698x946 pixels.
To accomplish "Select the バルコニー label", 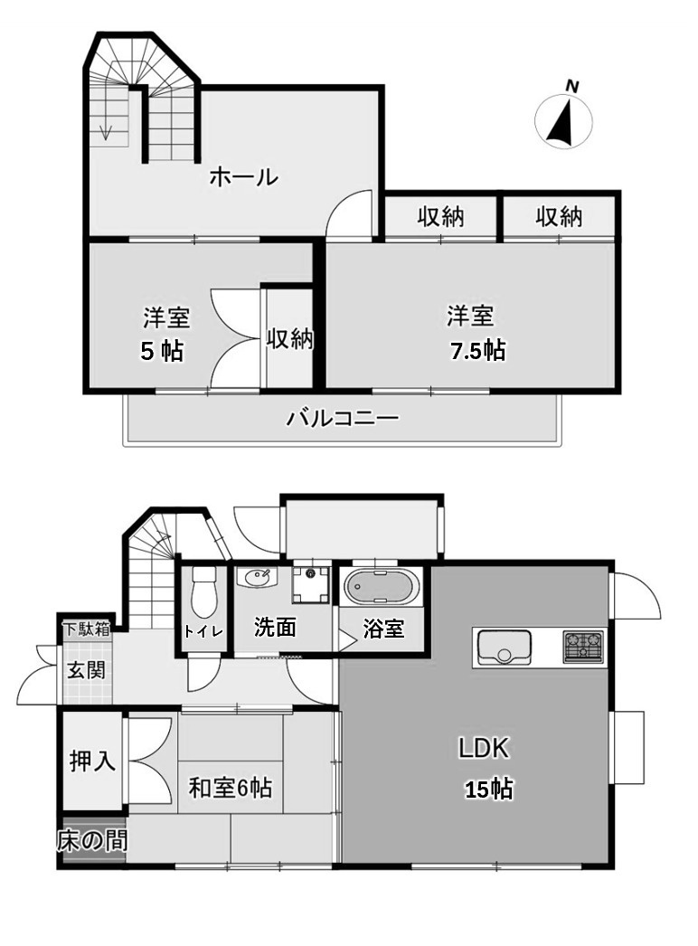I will [343, 419].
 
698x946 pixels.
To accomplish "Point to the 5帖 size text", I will [162, 351].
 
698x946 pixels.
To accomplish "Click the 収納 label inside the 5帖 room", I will [288, 339].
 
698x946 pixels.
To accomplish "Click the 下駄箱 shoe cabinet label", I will [85, 629].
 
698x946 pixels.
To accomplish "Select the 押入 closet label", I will [92, 762].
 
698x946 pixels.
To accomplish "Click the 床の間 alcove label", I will [91, 841].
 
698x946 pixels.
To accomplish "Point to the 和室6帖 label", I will [230, 788].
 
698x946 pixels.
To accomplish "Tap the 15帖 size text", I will [488, 790].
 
